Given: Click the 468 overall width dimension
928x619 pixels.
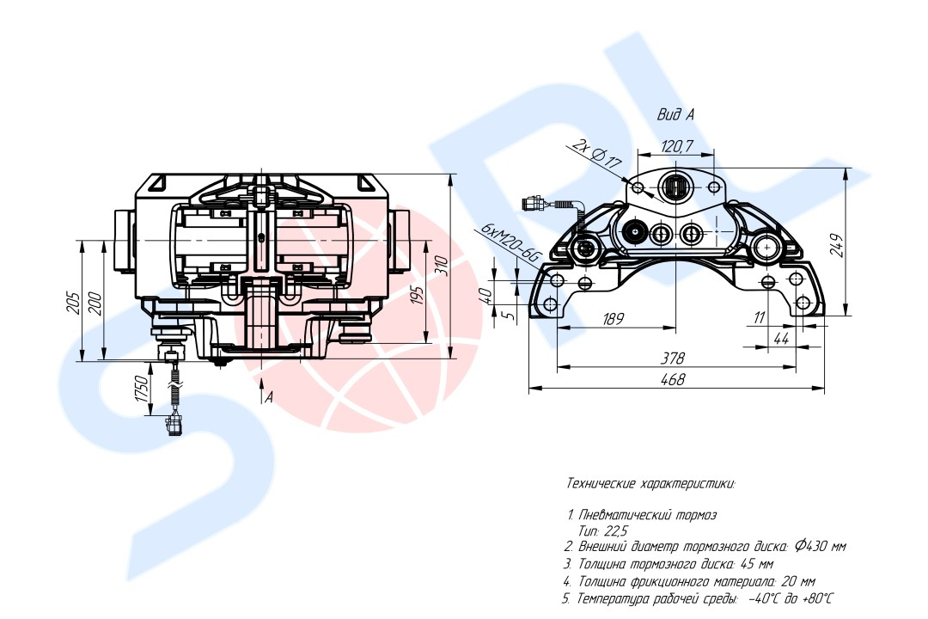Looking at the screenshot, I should coord(674,379).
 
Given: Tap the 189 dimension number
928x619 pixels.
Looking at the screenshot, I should coord(613,319).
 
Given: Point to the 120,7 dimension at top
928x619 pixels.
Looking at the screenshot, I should coord(677,145).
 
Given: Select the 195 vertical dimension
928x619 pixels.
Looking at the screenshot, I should coord(418,295).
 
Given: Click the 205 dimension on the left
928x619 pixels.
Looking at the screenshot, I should coord(73,303).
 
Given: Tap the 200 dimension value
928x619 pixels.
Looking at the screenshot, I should coord(95,303).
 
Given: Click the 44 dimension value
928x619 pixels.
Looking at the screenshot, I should coord(781,338).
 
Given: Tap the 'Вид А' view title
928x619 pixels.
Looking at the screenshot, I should coord(675,114).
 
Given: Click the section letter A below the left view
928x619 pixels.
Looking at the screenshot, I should coord(269,397).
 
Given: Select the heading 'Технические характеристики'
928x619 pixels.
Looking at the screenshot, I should coord(650,484).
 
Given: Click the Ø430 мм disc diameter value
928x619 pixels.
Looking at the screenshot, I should coord(821,547).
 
